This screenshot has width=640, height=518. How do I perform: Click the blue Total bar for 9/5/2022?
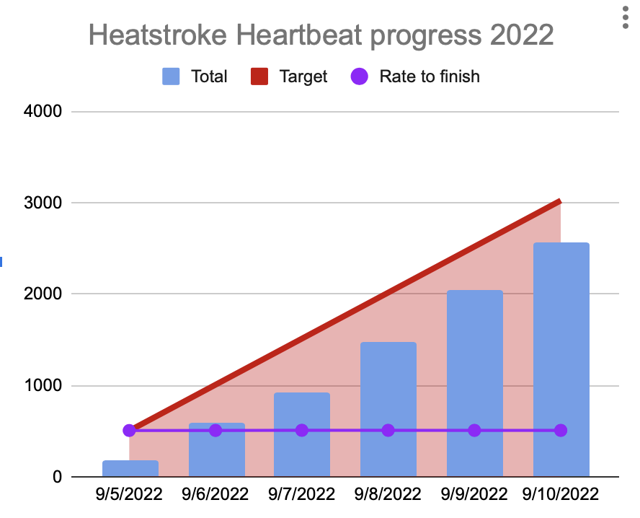[130, 468]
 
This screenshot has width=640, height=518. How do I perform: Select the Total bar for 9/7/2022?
[302, 434]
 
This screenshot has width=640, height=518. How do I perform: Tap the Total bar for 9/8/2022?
[388, 409]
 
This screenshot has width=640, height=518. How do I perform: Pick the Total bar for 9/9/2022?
[475, 383]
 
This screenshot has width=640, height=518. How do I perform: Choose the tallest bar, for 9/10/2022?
[561, 359]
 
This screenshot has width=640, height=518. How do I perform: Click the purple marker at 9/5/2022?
[129, 430]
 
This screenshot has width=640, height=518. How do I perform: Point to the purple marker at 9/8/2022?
[388, 430]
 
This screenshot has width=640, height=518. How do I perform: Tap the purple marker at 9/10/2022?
[561, 430]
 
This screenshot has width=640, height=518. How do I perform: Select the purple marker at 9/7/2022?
[302, 430]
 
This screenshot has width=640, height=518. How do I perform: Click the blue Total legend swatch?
[171, 76]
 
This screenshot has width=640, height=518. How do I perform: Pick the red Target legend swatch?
[259, 76]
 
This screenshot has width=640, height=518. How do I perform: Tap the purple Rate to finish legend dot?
[359, 76]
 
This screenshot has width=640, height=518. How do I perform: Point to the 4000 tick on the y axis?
[43, 111]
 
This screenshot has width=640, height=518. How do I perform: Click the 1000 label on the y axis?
[43, 385]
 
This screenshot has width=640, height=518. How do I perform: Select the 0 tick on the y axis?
[57, 477]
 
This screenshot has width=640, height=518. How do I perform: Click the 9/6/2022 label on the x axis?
[215, 494]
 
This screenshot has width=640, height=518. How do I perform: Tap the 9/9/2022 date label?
[474, 494]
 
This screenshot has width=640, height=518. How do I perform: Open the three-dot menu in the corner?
[626, 17]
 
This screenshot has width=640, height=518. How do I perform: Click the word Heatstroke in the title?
[158, 35]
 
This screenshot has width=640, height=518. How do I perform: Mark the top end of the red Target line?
[561, 201]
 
